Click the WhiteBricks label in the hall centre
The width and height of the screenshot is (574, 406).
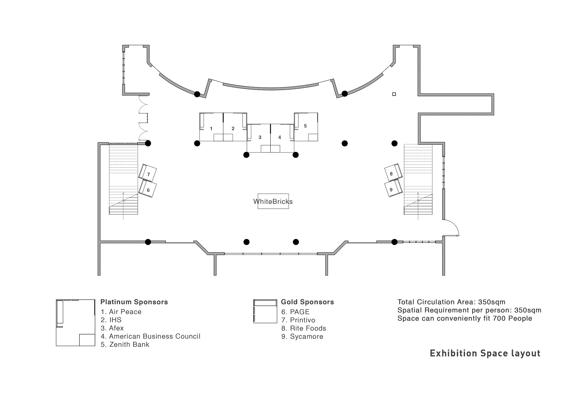pos(273,201)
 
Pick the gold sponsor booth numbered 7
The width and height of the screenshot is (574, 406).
pos(148,173)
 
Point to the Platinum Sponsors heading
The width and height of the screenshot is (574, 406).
pos(134,302)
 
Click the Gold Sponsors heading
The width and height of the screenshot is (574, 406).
pos(308,302)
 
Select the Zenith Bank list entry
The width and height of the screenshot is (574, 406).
pos(125,344)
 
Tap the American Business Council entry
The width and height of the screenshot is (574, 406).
pos(151,336)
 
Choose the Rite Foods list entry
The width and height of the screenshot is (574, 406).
pos(304,328)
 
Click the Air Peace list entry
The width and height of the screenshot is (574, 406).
pos(121,312)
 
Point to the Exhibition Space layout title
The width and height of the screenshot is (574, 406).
pos(485,354)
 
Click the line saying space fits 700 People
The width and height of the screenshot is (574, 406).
pos(465,318)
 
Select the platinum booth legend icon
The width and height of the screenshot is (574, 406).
pos(76,323)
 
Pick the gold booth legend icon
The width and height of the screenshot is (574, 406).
pos(265,311)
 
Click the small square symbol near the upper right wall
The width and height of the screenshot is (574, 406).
pos(394,94)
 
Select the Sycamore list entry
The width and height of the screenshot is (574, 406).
pos(302,337)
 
